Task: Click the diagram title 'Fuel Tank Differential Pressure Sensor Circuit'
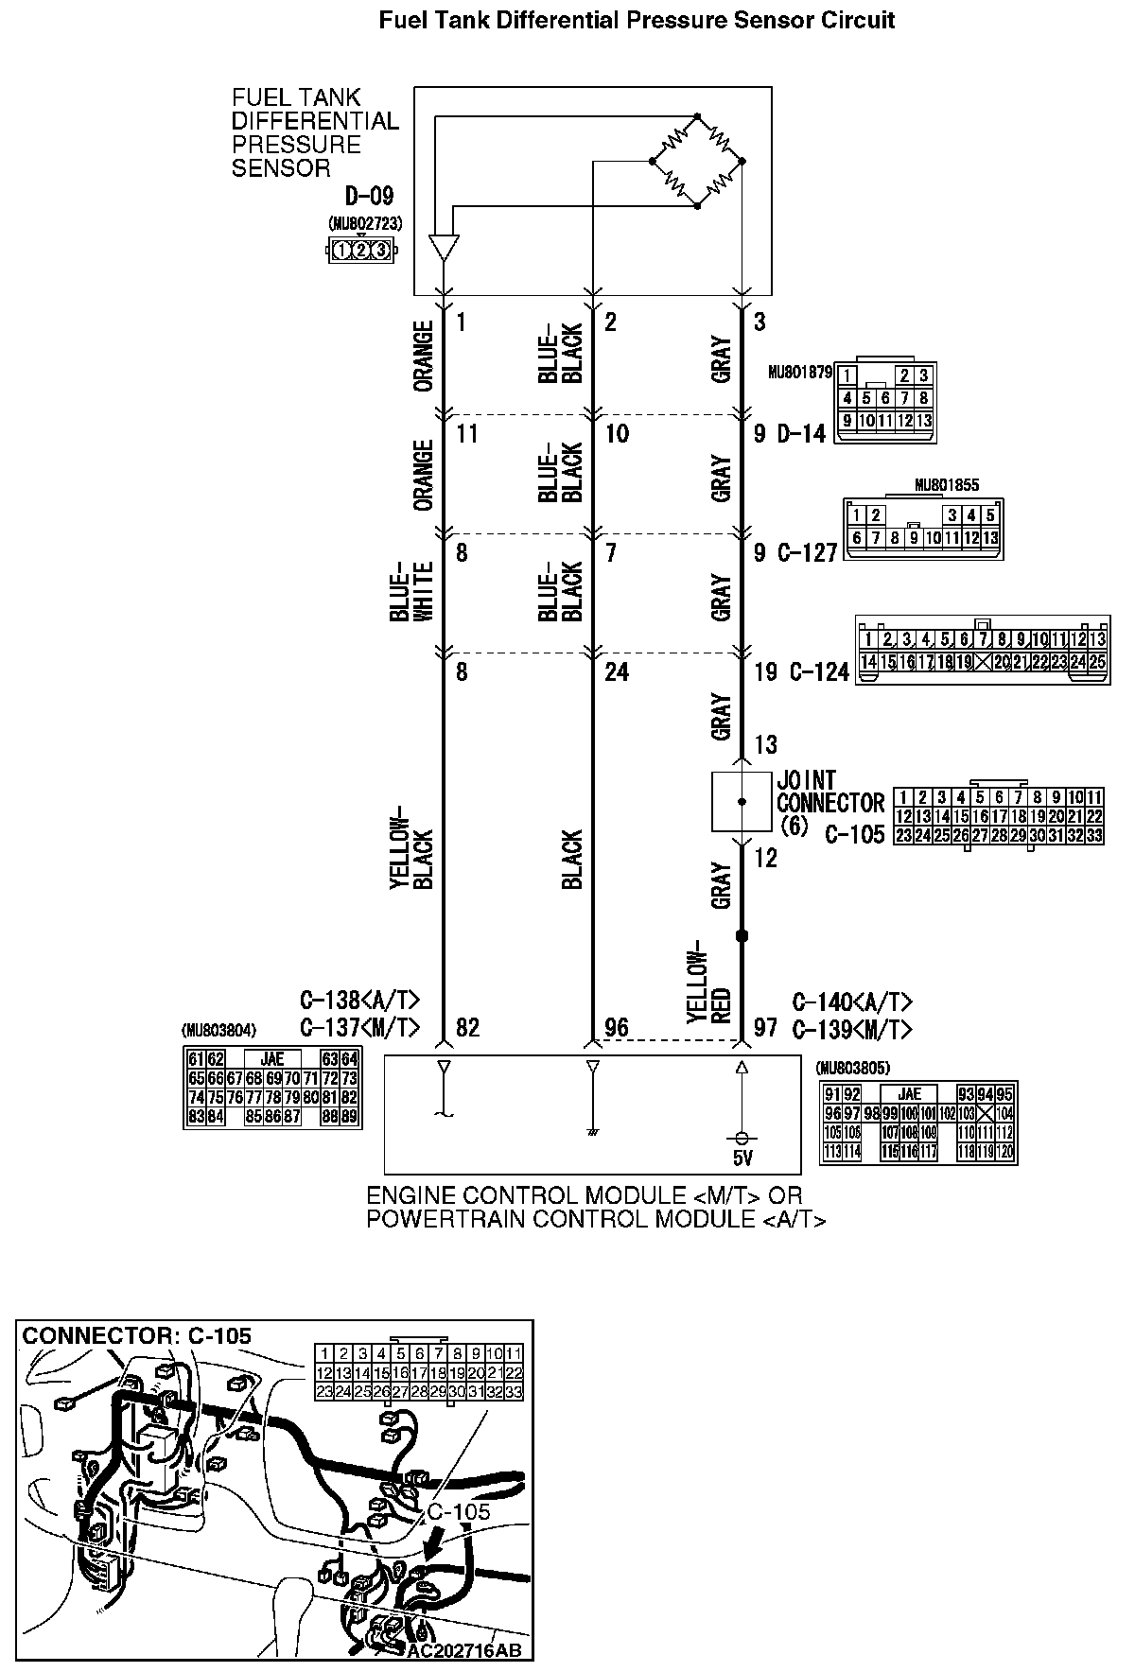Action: point(637,20)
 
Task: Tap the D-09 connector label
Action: point(368,197)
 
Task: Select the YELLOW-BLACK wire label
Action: point(410,847)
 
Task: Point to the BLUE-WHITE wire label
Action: point(410,591)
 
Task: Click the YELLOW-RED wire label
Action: point(708,981)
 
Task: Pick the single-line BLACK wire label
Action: point(572,860)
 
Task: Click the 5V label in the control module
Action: point(742,1157)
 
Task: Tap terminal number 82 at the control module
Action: point(467,1027)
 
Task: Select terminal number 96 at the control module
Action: point(617,1027)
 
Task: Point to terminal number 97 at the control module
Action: point(765,1027)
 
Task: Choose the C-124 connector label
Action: point(819,672)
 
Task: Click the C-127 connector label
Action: point(808,553)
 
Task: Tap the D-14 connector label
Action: point(801,434)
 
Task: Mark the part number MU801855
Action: point(947,485)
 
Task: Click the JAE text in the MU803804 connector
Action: point(272,1059)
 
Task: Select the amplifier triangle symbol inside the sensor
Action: point(443,248)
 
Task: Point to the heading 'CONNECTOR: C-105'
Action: point(137,1335)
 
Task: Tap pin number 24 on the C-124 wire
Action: point(616,672)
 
